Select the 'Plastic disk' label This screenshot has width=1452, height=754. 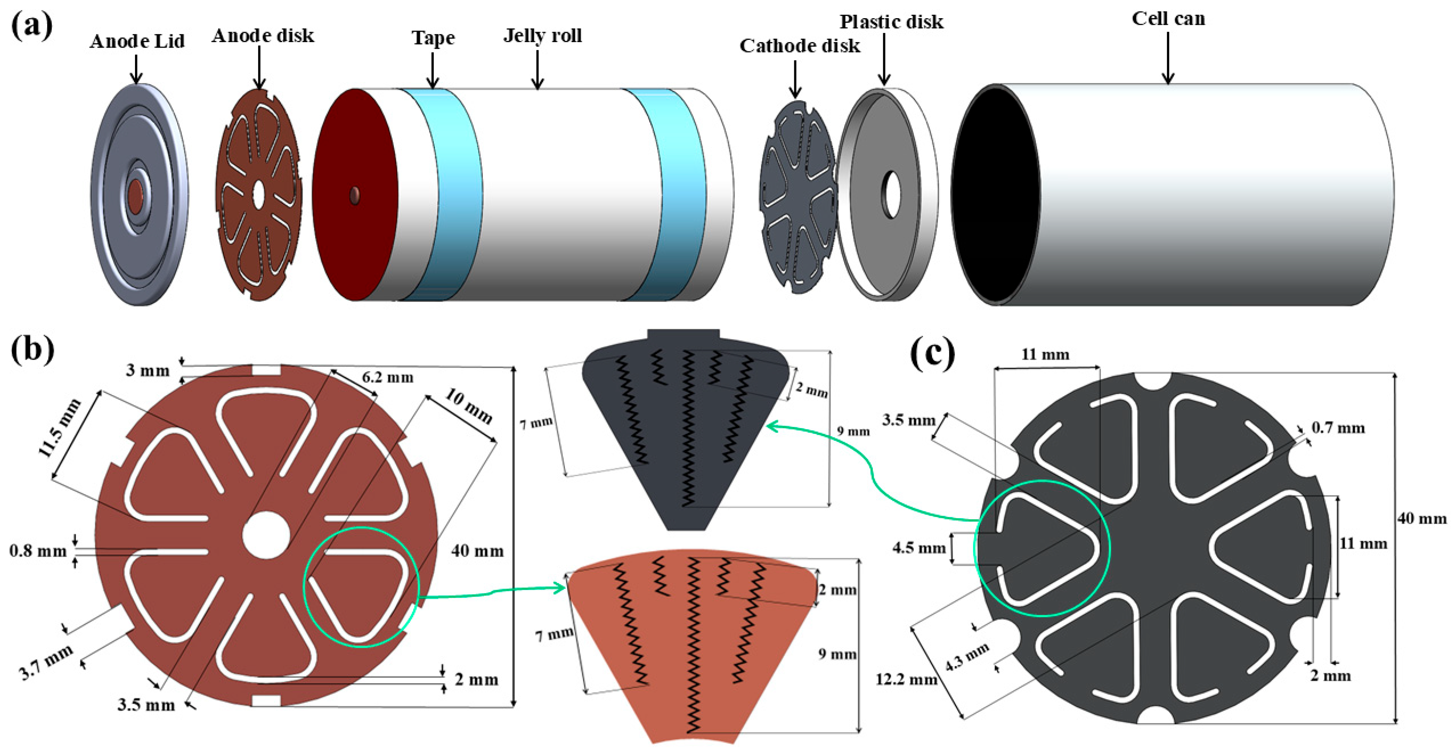[891, 22]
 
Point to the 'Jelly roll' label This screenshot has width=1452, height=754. [542, 36]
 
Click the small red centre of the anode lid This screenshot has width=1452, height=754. [136, 196]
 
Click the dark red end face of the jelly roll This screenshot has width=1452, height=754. [355, 195]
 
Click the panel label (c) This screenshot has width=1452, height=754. [932, 354]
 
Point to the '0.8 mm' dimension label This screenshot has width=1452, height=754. [38, 551]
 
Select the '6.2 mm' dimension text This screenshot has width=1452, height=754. [387, 377]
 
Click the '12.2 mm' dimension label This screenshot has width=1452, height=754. [906, 680]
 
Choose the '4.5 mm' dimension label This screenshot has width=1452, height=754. [919, 547]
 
